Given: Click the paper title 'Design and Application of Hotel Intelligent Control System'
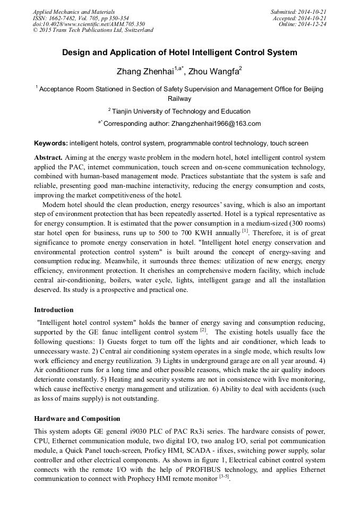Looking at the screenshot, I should (179, 53).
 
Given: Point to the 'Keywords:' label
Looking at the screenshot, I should (51, 143).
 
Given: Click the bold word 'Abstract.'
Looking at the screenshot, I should (48, 158).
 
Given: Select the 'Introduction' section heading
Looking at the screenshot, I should (54, 310).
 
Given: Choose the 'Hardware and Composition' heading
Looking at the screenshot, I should (77, 419).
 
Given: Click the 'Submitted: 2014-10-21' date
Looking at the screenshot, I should (298, 12).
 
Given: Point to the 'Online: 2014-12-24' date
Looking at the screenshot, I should (302, 24).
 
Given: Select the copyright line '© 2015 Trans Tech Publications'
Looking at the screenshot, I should (93, 30).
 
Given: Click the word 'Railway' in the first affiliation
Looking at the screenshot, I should (179, 99).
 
